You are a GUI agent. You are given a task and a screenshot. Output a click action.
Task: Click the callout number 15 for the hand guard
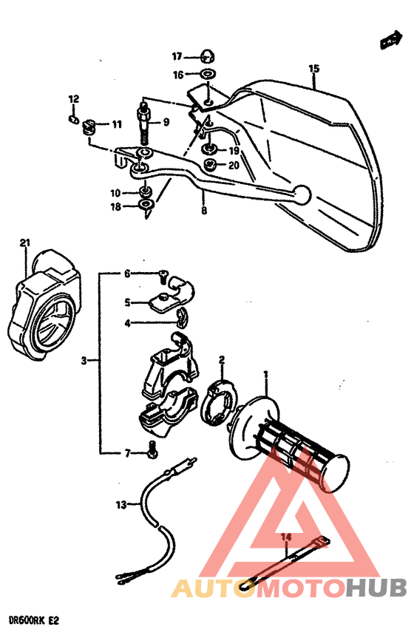[x=314, y=69]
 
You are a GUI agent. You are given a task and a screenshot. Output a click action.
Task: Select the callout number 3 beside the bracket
[x=85, y=361]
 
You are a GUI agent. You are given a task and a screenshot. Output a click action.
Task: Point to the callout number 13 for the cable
[x=121, y=505]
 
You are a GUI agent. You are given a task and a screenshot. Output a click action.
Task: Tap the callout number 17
[x=177, y=56]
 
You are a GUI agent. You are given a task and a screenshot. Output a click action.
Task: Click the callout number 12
[x=73, y=99]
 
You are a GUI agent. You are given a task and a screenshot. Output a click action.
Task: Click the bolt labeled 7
[x=153, y=446]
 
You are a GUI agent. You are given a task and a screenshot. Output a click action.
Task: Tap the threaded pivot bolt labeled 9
[x=144, y=121]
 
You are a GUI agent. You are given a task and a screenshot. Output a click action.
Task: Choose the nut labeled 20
[x=210, y=165]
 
